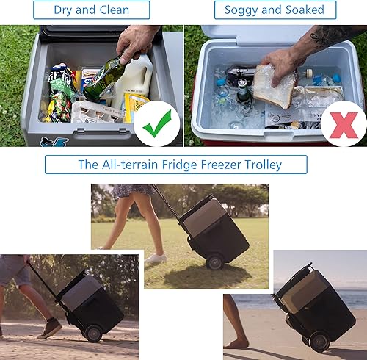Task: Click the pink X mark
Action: (x=344, y=123)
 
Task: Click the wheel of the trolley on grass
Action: (x=215, y=262)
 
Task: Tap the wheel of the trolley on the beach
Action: (x=319, y=342)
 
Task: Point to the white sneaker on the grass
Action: (x=155, y=258)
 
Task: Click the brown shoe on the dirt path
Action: (x=50, y=328)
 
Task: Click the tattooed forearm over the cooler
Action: (x=334, y=37)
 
